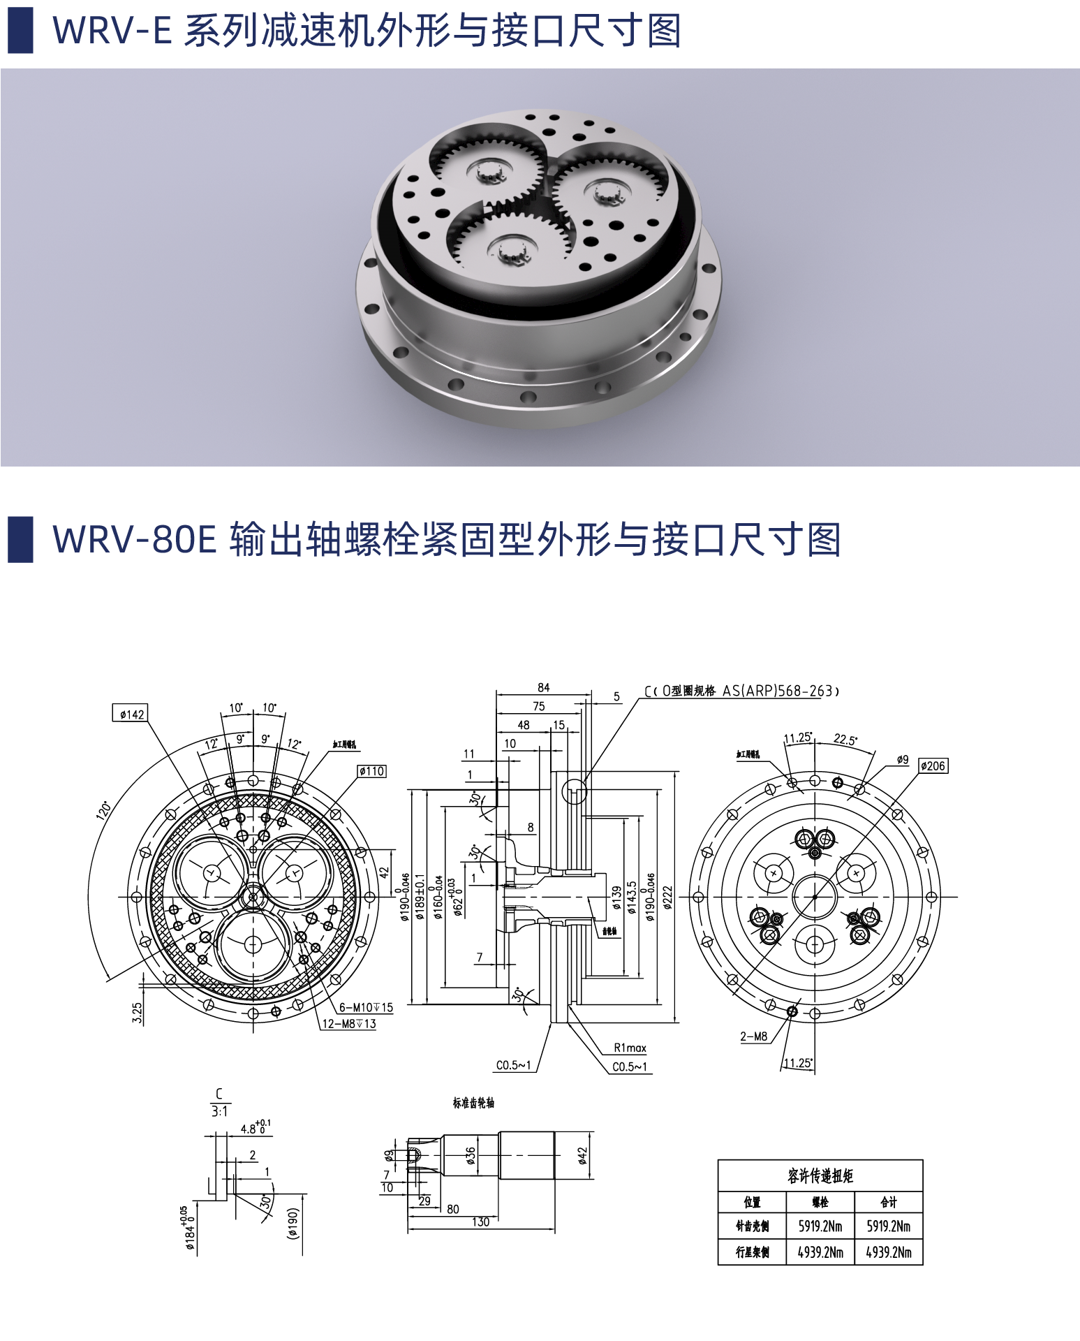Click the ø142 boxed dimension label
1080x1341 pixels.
pos(131,713)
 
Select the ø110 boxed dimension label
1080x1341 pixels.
pos(371,771)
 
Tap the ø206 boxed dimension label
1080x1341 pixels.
pos(933,765)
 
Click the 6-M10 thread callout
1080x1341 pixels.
pos(366,1007)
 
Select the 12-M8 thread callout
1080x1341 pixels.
pos(348,1023)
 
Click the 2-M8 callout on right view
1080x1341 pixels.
pos(753,1036)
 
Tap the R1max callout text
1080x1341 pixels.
pos(630,1048)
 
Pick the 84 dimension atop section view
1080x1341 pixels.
pos(543,687)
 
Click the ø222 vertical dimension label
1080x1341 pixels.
pos(667,897)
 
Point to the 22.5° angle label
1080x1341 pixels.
pos(845,740)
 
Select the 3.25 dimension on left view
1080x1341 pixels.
pos(137,1013)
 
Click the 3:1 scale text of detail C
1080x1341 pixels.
pos(219,1111)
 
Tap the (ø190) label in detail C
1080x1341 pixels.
pos(293,1223)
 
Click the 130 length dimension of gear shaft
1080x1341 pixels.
pos(480,1222)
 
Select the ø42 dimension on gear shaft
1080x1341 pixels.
pos(583,1156)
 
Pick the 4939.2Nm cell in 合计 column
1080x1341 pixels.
pos(888,1252)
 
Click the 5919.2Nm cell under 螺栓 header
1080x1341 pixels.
pos(820,1226)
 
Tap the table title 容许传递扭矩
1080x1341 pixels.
pos(820,1176)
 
